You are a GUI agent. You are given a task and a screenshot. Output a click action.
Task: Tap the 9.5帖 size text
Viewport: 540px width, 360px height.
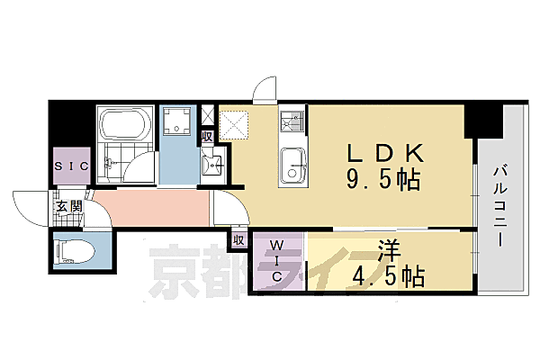pos(380,180)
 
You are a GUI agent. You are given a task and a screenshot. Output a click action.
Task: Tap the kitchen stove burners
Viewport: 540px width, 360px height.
pos(292,120)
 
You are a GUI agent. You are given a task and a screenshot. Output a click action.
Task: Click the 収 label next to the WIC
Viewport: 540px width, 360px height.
pos(238,240)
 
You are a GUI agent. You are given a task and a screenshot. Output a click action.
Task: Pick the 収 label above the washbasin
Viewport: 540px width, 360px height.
pos(207,137)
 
